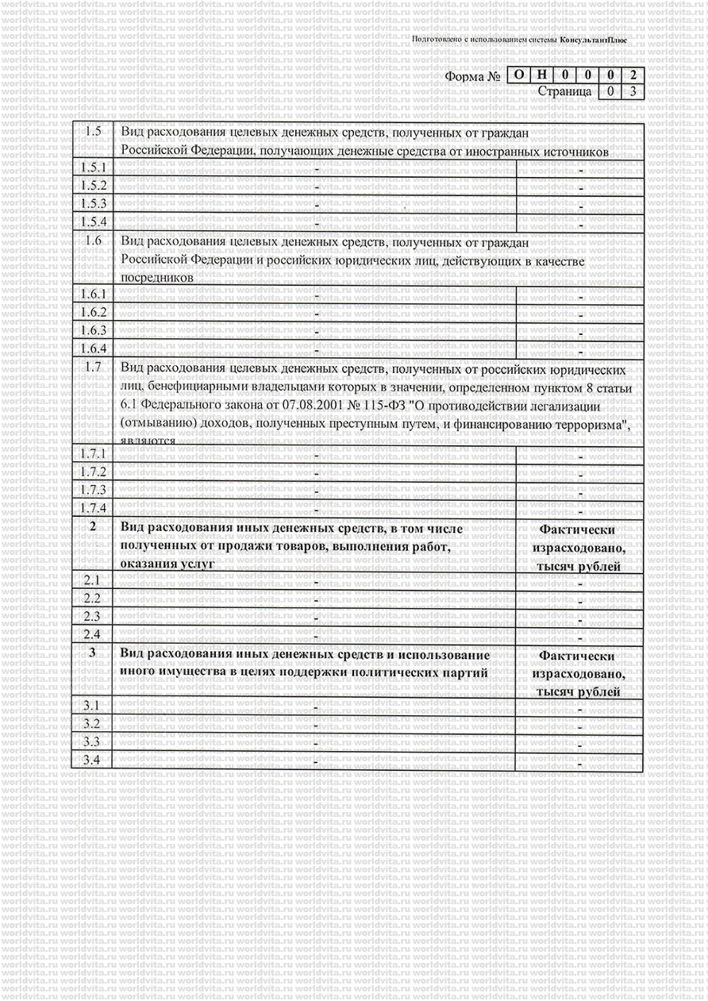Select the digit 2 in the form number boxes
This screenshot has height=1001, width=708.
point(633,75)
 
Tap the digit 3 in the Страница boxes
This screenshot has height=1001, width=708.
point(633,91)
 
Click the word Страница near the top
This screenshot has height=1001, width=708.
point(564,91)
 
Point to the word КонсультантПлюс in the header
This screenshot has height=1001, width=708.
point(593,39)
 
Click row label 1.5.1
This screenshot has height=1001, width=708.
point(94,167)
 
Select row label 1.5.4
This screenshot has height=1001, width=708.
point(94,221)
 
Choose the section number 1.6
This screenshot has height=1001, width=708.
point(94,241)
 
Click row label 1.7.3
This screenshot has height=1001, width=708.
point(94,490)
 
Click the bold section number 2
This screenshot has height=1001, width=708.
point(93,527)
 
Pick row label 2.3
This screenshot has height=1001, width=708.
point(92,616)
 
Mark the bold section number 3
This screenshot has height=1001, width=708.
point(93,653)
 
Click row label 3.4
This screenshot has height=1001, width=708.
point(92,760)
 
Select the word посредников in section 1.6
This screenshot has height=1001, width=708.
point(156,278)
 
